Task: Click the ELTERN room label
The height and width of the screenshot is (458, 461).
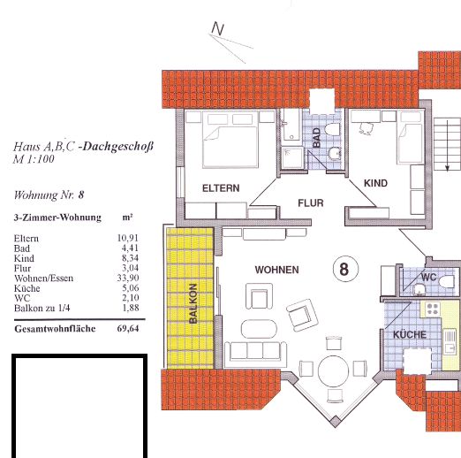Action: coord(221,188)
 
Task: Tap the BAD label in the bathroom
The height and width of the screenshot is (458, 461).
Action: coord(316,137)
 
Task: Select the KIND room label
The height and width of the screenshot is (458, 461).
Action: coord(375,183)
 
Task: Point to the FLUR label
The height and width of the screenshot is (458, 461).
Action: coord(311,202)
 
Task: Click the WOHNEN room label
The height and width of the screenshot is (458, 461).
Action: coord(276,270)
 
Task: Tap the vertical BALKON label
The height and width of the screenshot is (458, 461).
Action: coord(193,303)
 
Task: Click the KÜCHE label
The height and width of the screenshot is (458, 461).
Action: coord(410,334)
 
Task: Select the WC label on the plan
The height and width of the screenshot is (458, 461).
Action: coord(428,277)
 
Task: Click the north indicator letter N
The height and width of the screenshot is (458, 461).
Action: coord(218,28)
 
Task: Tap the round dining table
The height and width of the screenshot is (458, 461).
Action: coord(333,370)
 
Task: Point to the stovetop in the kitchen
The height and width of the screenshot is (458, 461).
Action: coord(433,309)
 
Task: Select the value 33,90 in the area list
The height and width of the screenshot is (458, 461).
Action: coord(128,278)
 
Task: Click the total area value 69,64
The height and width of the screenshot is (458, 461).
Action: coord(128,328)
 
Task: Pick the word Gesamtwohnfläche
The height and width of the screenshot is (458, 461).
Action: coord(55,329)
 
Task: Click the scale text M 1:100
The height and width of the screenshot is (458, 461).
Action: coord(34,159)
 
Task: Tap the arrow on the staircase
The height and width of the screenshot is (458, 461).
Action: coord(447,145)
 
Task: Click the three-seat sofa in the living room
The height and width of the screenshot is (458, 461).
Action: coord(255,351)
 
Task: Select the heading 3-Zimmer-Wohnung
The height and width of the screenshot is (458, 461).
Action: coord(57,218)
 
